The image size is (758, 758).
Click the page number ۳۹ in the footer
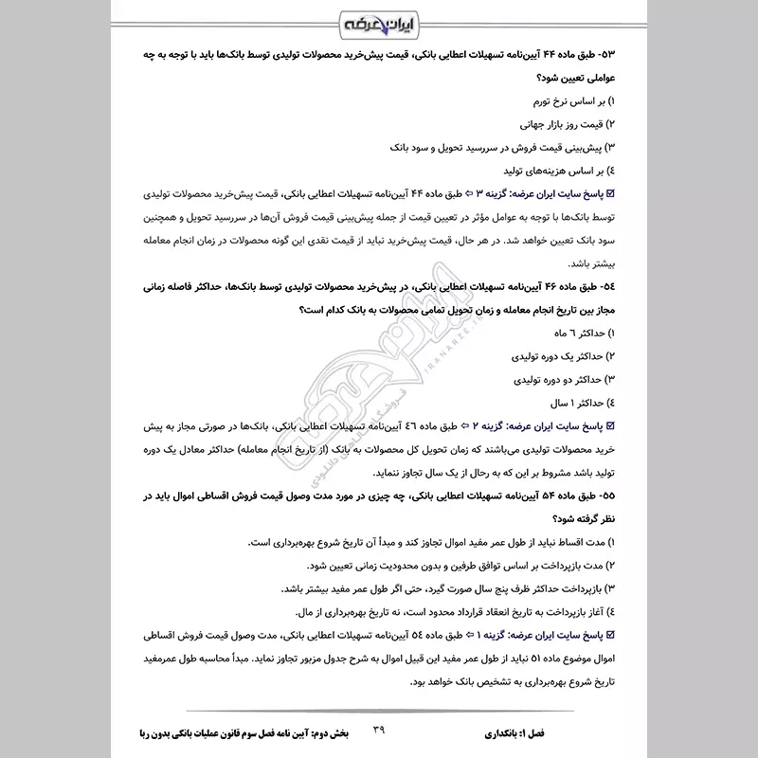pos(379,730)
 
